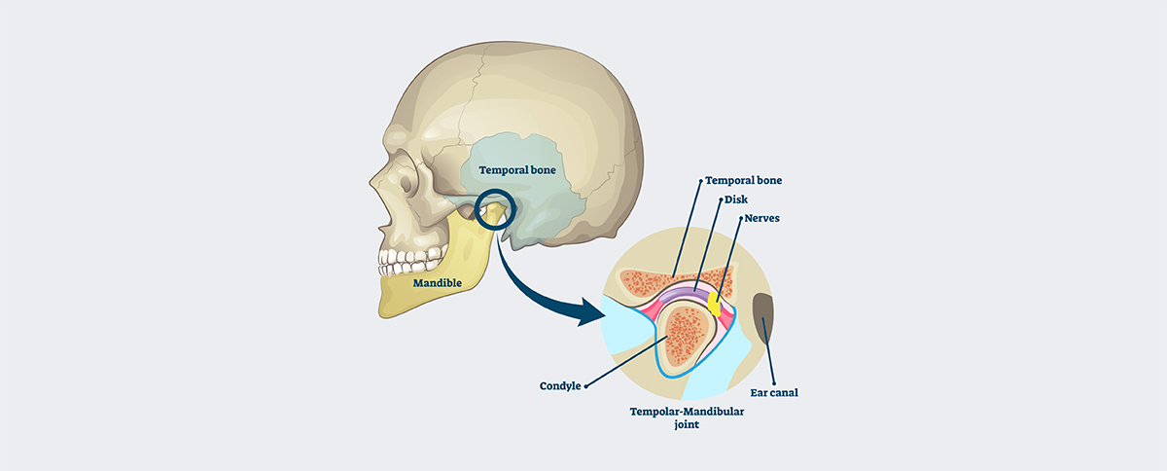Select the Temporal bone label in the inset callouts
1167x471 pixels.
tap(743, 180)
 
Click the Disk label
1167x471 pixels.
tap(737, 199)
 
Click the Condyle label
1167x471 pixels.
tap(560, 385)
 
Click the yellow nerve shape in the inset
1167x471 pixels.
tap(715, 303)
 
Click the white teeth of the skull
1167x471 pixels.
tap(409, 261)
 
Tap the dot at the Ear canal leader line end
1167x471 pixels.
tap(773, 380)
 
